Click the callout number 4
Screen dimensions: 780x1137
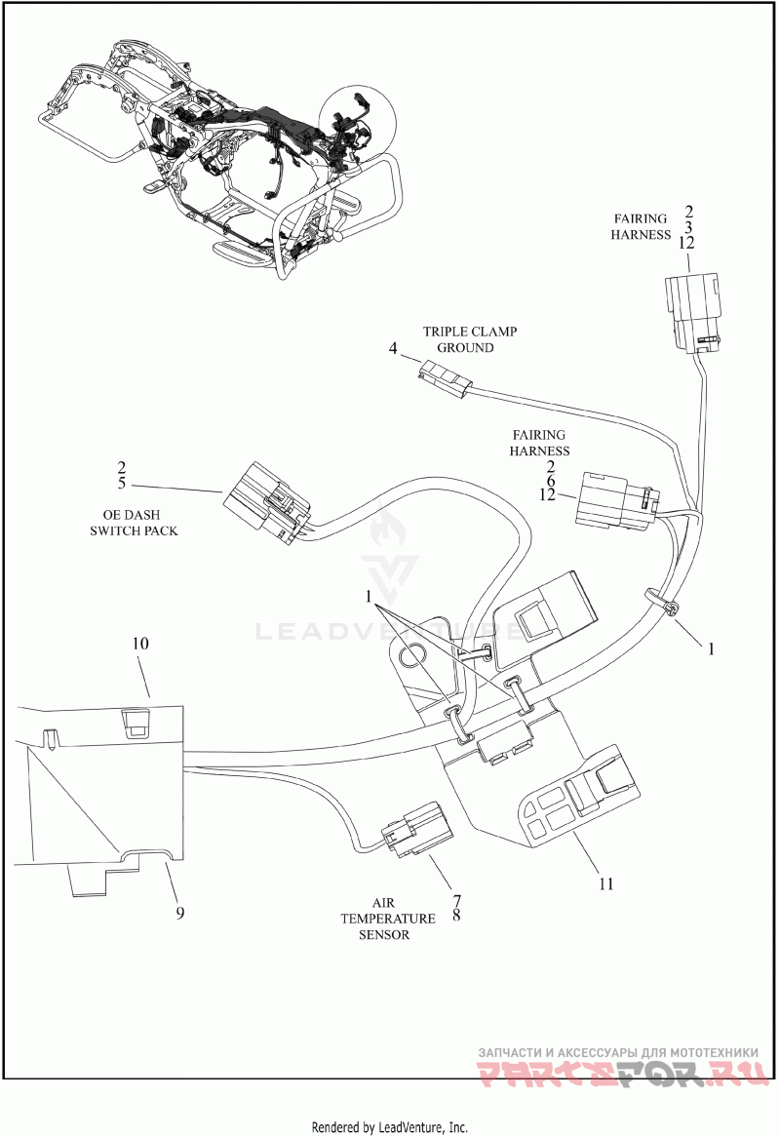click(x=392, y=349)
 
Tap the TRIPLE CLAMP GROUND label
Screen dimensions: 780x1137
click(x=470, y=339)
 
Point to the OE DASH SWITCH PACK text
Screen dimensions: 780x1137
click(x=134, y=523)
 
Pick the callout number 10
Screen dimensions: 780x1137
click(x=140, y=644)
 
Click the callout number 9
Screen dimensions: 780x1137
click(x=179, y=912)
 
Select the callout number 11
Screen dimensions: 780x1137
click(x=606, y=883)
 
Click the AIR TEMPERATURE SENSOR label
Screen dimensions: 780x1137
click(x=385, y=919)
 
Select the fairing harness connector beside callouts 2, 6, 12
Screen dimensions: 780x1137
click(x=617, y=499)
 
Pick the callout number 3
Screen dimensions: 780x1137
click(x=688, y=227)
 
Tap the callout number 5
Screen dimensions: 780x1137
click(x=121, y=483)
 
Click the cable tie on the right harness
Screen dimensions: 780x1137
click(x=662, y=602)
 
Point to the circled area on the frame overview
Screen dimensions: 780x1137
click(x=357, y=128)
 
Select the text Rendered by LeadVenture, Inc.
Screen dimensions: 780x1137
click(x=390, y=1127)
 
